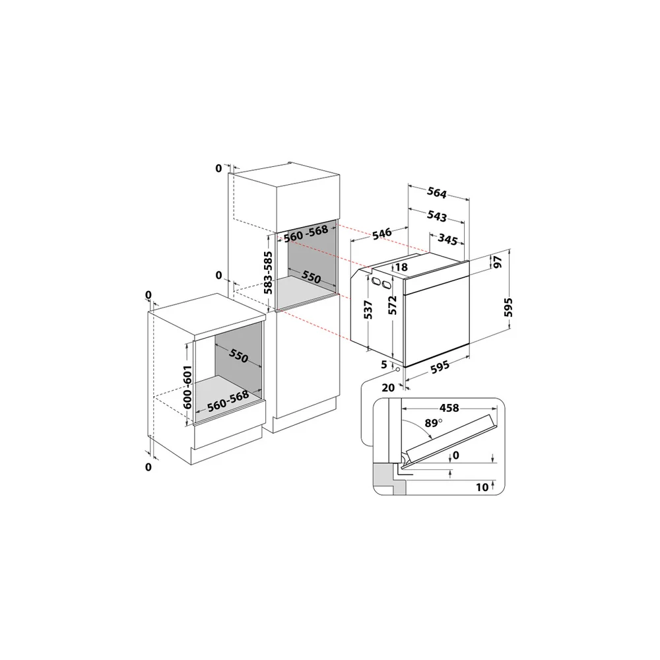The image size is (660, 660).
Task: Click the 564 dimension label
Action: (437, 192)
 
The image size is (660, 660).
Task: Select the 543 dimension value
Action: (437, 216)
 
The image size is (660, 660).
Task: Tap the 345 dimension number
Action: (447, 239)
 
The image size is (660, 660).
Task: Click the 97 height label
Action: (498, 262)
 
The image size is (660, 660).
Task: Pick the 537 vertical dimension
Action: (368, 310)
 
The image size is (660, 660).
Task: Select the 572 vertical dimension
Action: (392, 305)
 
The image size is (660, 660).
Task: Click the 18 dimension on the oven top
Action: (401, 267)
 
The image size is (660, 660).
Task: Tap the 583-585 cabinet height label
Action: (268, 273)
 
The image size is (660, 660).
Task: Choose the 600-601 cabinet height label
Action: (187, 387)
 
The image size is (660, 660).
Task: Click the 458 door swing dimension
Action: (449, 408)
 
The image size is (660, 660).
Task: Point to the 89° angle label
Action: (433, 422)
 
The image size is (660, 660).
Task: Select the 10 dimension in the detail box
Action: (482, 488)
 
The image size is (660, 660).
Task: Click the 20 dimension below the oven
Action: (388, 387)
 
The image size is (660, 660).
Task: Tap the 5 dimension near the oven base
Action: (384, 364)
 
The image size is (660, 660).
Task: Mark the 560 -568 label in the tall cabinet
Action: (306, 234)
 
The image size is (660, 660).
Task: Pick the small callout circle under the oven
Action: (397, 370)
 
